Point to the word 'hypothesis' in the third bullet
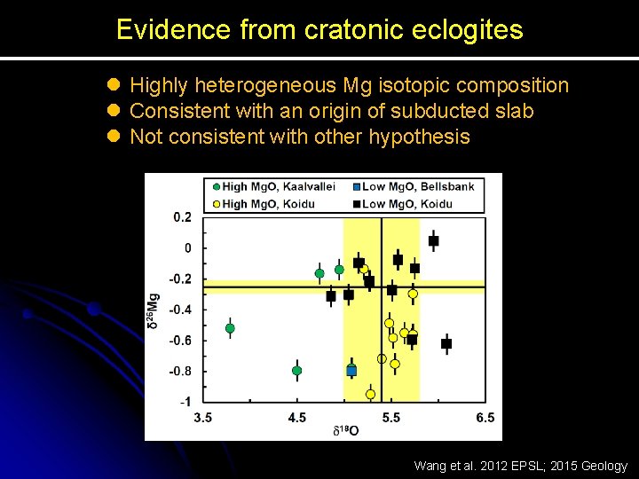419,137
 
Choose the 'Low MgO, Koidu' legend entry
403,204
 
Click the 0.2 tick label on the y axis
182,217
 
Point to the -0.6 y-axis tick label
180,341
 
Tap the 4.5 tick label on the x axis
297,418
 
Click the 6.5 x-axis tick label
485,418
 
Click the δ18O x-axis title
345,431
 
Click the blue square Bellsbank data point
351,370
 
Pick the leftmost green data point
230,328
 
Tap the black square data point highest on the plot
433,240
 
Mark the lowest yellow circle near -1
370,394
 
